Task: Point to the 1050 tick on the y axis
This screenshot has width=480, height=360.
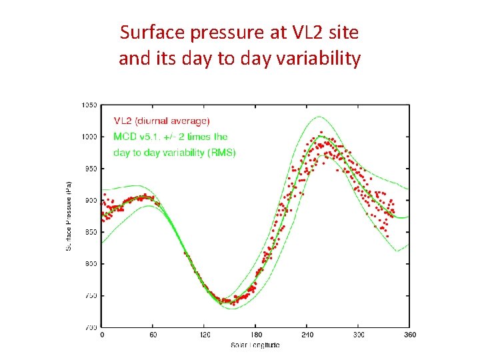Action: click(x=89, y=105)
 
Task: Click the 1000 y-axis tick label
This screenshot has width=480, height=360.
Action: click(x=89, y=137)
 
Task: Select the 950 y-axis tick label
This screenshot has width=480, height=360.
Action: click(x=90, y=169)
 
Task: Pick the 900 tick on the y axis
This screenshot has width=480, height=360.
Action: click(x=90, y=200)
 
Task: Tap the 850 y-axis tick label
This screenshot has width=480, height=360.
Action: click(x=90, y=232)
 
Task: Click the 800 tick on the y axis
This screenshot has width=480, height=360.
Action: click(x=90, y=264)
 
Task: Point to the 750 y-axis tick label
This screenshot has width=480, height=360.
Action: click(x=90, y=295)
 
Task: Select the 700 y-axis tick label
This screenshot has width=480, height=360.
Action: click(x=90, y=327)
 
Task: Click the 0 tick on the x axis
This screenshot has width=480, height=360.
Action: click(x=102, y=335)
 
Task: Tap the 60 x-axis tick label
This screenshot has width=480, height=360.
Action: click(x=153, y=335)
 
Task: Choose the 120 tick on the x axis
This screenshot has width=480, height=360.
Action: click(x=205, y=335)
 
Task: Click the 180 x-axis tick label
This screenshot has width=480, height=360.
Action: click(x=256, y=335)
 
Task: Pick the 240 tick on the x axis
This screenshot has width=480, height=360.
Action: click(x=307, y=335)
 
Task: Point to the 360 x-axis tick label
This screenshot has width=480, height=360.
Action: click(x=410, y=335)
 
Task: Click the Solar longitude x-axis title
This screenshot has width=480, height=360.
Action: click(x=255, y=345)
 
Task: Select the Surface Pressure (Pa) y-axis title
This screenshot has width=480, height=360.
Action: click(x=69, y=215)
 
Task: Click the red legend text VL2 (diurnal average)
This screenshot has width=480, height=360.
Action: click(x=162, y=121)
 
